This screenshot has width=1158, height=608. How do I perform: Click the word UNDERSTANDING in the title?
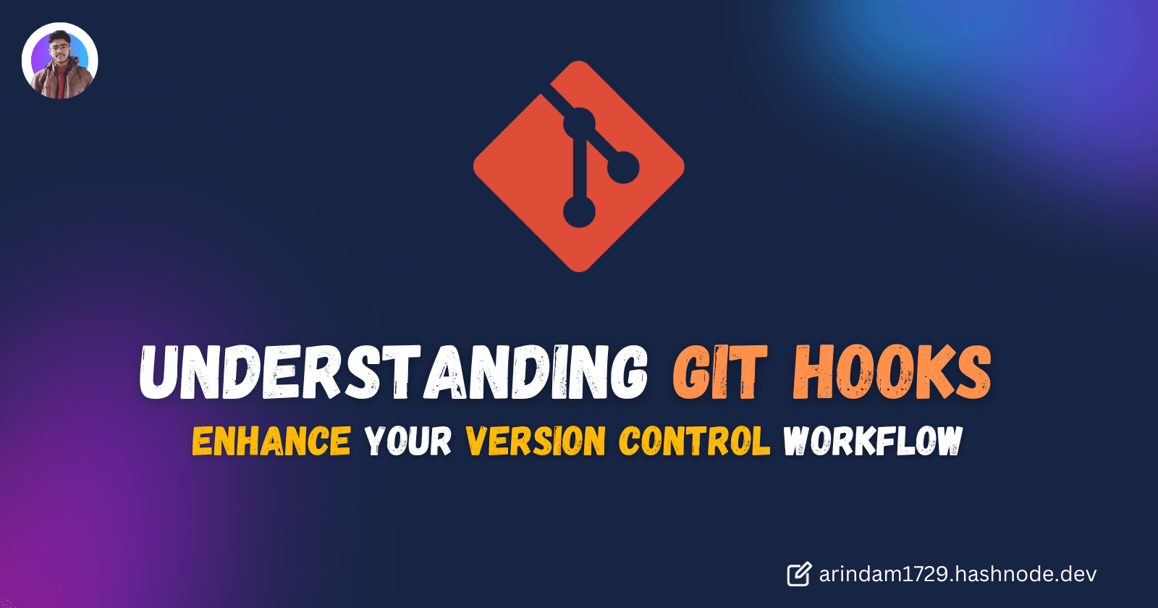(x=393, y=372)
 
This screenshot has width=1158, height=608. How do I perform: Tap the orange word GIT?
(x=719, y=372)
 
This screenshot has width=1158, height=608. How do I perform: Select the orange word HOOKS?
(x=892, y=372)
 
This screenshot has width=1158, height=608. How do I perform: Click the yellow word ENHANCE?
(x=271, y=441)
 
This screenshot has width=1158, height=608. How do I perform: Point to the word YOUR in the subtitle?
(x=407, y=441)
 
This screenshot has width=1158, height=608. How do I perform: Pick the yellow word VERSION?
(x=536, y=441)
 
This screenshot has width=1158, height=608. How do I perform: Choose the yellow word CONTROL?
(x=694, y=441)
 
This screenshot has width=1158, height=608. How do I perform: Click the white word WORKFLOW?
(x=873, y=441)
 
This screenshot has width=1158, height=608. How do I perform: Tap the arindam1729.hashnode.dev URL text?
(x=958, y=574)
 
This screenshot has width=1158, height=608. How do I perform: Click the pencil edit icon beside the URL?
(x=799, y=574)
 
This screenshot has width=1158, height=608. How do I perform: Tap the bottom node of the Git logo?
(x=579, y=212)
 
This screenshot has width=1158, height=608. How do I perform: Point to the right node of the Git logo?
(x=622, y=168)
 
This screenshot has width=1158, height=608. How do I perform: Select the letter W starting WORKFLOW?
(x=799, y=441)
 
